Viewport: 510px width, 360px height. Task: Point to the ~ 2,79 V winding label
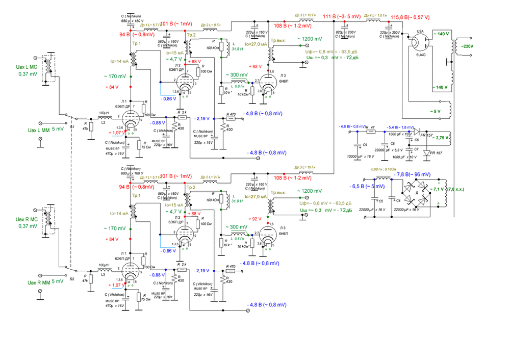(442, 138)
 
